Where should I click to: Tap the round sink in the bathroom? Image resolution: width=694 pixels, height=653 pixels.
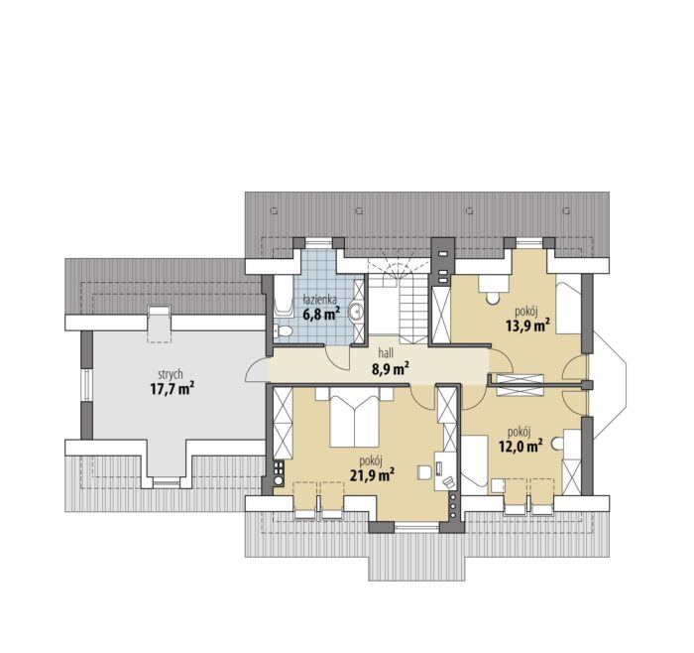(355, 312)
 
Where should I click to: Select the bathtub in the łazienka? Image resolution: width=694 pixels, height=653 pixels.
(284, 297)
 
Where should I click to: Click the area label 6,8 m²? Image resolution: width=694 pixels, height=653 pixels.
(321, 315)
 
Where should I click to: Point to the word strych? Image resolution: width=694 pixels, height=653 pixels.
(170, 375)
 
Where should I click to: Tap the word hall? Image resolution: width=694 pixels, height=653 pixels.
(386, 353)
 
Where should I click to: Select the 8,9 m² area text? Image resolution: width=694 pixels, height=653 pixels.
(390, 368)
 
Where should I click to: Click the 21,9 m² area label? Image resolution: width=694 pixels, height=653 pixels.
(372, 475)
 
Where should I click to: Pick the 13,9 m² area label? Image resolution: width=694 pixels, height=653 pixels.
(527, 326)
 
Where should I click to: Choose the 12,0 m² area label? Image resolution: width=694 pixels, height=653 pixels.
(520, 446)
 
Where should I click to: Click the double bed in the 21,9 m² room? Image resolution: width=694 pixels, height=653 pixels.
(355, 418)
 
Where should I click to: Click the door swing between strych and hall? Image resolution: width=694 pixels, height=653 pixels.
(256, 369)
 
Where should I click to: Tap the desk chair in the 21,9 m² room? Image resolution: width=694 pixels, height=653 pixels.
(447, 482)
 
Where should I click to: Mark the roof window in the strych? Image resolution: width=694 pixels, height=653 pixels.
(159, 324)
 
